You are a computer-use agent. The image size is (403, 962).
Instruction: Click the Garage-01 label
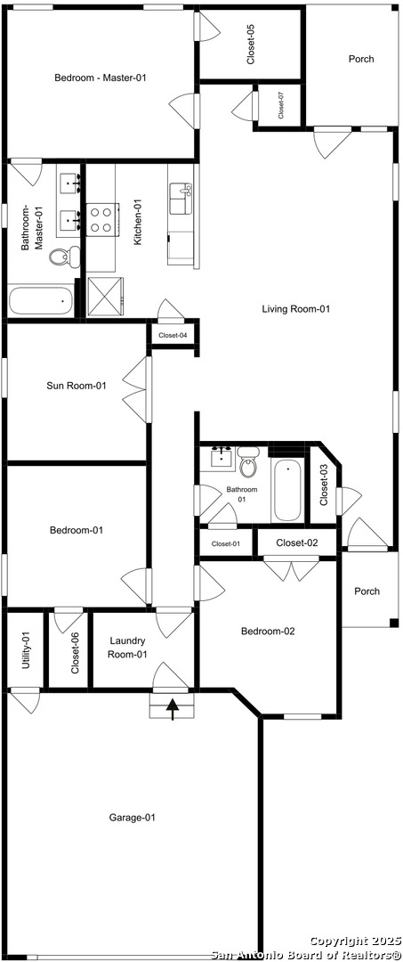pos(133,817)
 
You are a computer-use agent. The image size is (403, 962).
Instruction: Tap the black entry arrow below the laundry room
pos(173,709)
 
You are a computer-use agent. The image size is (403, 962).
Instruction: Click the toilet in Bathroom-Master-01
pos(63,256)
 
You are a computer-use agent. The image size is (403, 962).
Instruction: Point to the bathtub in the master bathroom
pos(41,301)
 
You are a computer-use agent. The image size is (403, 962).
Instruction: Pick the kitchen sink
pos(181,197)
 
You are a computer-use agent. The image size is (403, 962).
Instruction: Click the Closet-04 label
pos(173,335)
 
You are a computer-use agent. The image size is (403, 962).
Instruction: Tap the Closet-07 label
pos(280,105)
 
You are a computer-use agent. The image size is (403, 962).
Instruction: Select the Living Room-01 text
pos(296,309)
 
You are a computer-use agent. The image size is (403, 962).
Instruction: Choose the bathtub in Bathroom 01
pos(287,491)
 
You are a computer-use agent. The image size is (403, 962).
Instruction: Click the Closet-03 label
pos(324,485)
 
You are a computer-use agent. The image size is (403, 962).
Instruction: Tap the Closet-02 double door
pos(292,568)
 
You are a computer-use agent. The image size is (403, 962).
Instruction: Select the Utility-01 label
pos(25,649)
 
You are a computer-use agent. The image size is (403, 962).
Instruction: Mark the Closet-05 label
pos(251,45)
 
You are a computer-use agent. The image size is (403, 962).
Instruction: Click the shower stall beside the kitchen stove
pos(105,297)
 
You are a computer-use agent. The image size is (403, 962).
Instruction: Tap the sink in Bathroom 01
pos(221,458)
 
